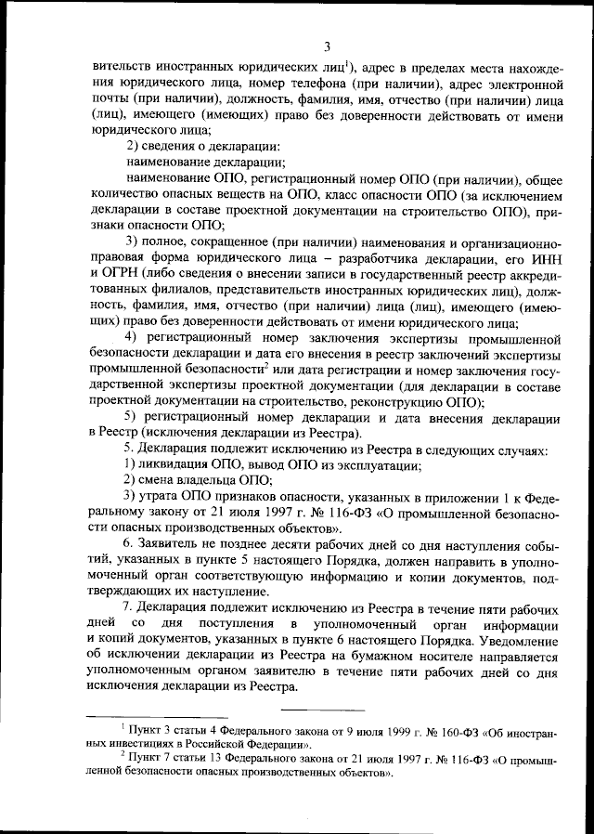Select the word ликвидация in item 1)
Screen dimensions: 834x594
[x=171, y=464]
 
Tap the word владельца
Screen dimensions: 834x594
[x=205, y=480]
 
